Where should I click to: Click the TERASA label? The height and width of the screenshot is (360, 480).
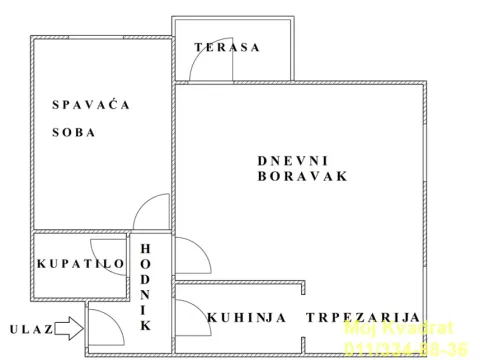[x=227, y=47]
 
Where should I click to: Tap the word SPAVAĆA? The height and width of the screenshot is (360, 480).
[x=91, y=104]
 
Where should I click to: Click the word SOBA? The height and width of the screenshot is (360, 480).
[x=74, y=133]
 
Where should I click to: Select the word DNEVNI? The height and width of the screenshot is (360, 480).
[x=292, y=160]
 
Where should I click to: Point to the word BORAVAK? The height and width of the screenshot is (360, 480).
[x=301, y=176]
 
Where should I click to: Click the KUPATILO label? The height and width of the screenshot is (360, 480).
[x=80, y=263]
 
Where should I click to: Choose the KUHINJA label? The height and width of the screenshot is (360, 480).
[x=247, y=317]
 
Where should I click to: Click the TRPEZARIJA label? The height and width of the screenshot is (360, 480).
[x=363, y=317]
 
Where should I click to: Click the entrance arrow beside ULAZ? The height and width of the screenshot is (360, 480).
[x=69, y=327]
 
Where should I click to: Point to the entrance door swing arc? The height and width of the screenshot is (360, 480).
[x=103, y=326]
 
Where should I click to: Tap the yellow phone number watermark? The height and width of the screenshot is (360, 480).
[x=405, y=347]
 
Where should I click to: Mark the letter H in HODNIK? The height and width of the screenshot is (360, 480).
[x=145, y=248]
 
